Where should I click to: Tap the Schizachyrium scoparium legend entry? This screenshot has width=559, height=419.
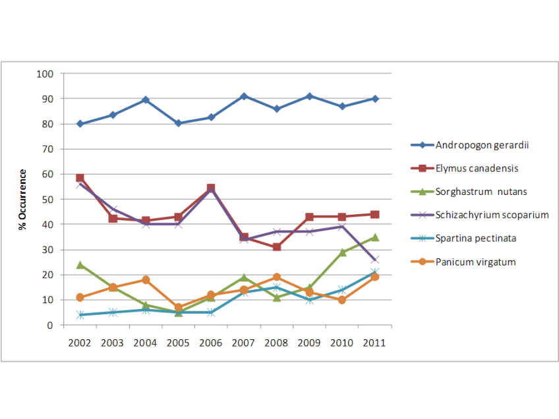[x=492, y=215]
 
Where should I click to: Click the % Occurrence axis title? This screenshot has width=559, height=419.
[x=23, y=199]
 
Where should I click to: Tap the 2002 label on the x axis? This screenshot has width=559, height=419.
[x=80, y=343]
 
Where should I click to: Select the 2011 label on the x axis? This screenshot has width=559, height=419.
[x=374, y=343]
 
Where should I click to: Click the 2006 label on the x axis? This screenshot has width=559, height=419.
[x=211, y=343]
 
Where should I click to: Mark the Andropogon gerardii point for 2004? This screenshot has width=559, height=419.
[x=146, y=100]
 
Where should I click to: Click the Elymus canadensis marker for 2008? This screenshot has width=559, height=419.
[x=276, y=247]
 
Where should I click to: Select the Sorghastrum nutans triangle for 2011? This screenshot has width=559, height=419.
[x=374, y=237]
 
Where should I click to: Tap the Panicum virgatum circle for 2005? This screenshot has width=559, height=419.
[x=178, y=307]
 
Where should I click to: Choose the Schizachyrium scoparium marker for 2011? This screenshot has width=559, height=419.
[x=374, y=260]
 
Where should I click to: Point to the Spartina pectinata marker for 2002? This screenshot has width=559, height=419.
[x=80, y=315]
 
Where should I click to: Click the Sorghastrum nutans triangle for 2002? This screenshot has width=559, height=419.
[x=80, y=265]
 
